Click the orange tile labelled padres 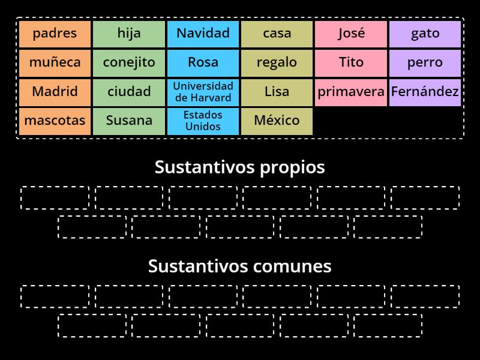(x=55, y=34)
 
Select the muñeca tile (x=55, y=62)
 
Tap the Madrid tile (x=55, y=92)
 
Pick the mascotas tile (x=55, y=121)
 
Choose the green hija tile (x=129, y=34)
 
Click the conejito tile (x=129, y=62)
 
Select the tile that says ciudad (x=129, y=92)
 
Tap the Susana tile (x=129, y=121)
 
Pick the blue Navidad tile (x=203, y=34)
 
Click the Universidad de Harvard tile (x=203, y=92)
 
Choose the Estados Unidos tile (x=203, y=121)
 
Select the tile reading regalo (x=277, y=62)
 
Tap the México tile (x=277, y=121)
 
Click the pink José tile (x=351, y=34)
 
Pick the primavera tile (x=351, y=92)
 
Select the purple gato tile (x=425, y=34)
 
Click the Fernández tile (x=425, y=92)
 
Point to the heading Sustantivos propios (x=240, y=167)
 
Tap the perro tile (x=425, y=62)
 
